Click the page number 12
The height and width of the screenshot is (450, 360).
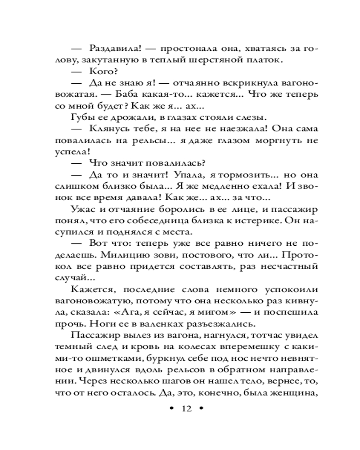186,409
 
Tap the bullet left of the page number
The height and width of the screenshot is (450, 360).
171,409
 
